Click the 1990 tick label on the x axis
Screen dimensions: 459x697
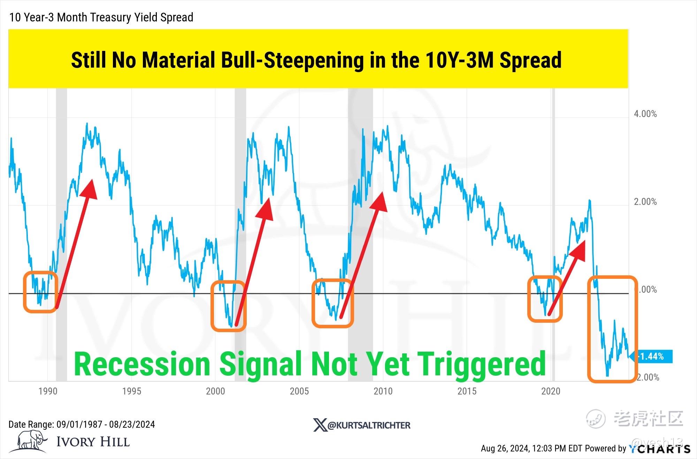pos(48,391)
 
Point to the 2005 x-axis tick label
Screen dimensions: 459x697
pos(299,391)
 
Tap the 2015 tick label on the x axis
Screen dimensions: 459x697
pos(467,391)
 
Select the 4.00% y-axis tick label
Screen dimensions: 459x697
pos(645,114)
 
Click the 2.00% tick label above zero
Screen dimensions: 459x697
pos(645,202)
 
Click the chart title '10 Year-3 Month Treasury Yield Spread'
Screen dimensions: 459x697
pos(101,17)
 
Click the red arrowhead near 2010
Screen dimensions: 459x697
pos(380,201)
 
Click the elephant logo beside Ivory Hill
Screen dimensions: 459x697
pos(32,441)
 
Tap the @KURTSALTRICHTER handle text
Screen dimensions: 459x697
pos(369,425)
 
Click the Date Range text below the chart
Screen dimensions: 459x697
pos(82,424)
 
